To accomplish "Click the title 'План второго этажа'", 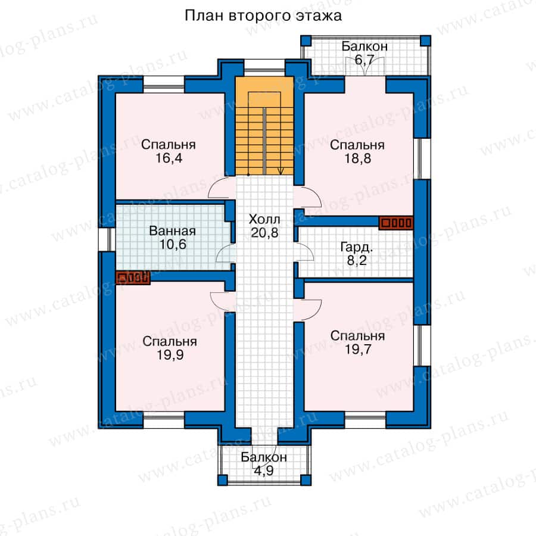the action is click(x=263, y=16).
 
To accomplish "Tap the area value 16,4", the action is click(x=169, y=158).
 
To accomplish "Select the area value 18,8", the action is click(x=357, y=158).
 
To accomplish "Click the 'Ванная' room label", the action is click(x=173, y=230).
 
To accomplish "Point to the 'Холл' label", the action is click(x=264, y=219).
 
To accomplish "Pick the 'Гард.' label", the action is click(x=357, y=247).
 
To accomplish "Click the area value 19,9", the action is click(x=170, y=355).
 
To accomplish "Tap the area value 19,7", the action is click(x=358, y=350).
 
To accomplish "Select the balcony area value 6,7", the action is click(x=364, y=60).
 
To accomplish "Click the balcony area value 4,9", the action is click(x=264, y=470).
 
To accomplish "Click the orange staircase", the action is click(x=264, y=126).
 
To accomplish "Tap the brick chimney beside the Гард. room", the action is click(x=396, y=223).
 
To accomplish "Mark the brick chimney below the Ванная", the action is click(x=133, y=278).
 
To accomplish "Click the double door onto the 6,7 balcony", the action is click(x=365, y=66).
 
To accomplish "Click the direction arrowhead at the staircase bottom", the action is click(x=281, y=171).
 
